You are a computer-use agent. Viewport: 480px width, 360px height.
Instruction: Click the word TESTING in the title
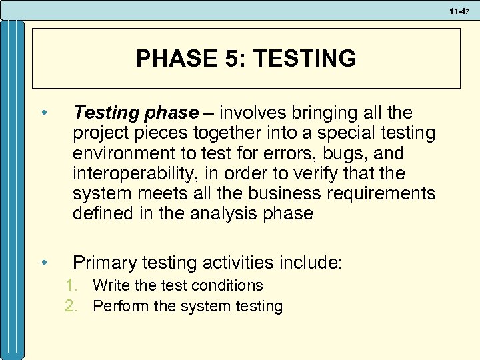pyautogui.click(x=305, y=59)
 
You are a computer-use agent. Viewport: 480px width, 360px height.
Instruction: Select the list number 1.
pyautogui.click(x=71, y=286)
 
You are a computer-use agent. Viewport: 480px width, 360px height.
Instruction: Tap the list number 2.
pyautogui.click(x=71, y=307)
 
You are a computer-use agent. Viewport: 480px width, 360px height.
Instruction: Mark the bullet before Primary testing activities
pyautogui.click(x=43, y=262)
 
